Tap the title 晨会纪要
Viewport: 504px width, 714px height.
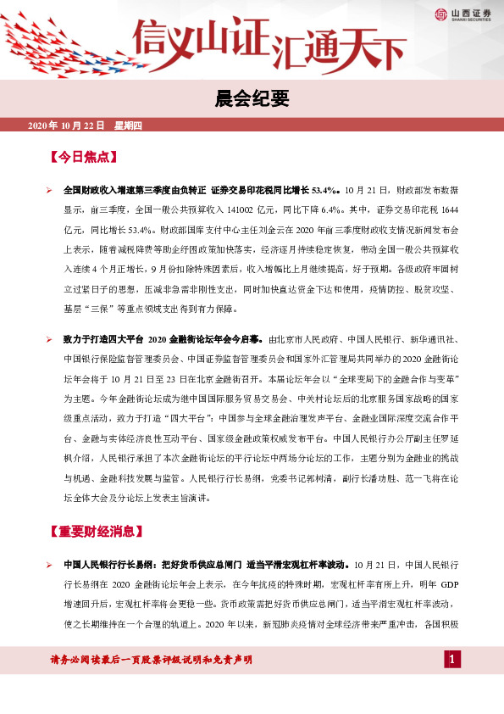coord(252,98)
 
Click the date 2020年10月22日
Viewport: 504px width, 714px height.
coord(66,126)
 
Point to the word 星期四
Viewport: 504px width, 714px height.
coord(129,126)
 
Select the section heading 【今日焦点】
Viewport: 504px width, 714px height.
coord(83,158)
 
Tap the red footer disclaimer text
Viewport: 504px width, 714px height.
coord(152,660)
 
